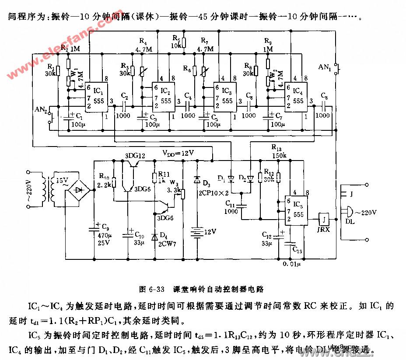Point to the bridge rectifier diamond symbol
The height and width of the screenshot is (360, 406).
(80, 190)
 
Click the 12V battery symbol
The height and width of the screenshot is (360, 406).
(196, 232)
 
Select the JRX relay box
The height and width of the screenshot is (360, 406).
(324, 218)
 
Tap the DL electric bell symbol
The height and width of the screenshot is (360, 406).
(349, 212)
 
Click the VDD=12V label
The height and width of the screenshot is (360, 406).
(178, 153)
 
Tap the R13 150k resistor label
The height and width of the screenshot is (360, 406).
(278, 151)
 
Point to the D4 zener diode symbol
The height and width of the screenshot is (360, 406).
(154, 237)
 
